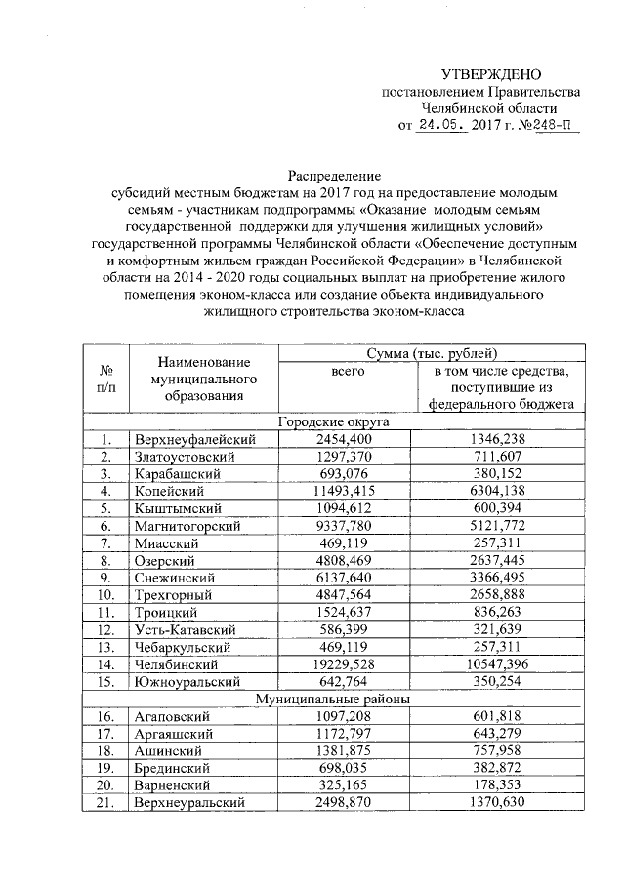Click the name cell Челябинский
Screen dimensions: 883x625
pos(175,664)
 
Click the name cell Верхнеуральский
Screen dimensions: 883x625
pos(190,803)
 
